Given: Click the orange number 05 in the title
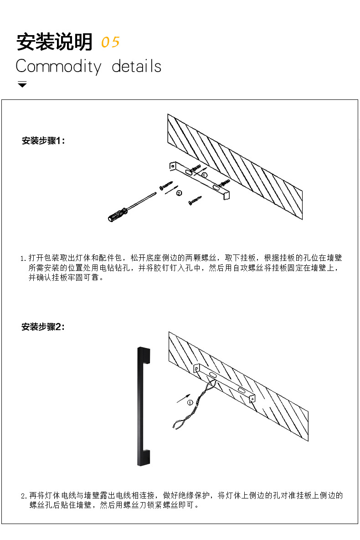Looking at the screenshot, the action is [110, 42].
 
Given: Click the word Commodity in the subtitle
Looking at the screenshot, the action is [58, 67].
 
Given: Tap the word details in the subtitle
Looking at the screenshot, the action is [137, 66].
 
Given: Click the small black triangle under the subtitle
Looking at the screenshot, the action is [22, 84].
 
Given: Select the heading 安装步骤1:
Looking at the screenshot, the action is [44, 141].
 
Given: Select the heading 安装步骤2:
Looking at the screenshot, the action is [44, 327].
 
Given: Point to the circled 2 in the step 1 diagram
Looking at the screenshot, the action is [179, 193].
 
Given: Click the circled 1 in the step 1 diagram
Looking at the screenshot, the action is [205, 175].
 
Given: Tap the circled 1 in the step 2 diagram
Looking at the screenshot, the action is [190, 402].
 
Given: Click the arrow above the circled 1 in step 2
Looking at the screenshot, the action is [183, 398].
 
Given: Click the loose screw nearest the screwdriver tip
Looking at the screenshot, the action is [166, 186].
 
